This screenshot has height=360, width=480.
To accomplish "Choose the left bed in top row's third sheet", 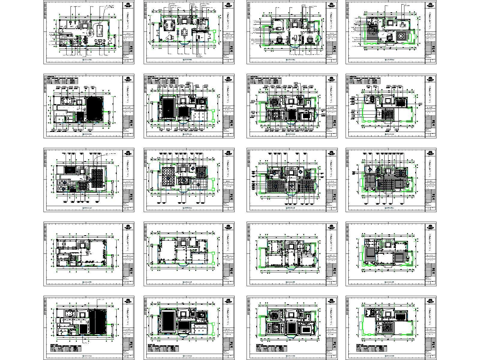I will pyautogui.click(x=280, y=40).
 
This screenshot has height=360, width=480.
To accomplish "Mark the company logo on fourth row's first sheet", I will pyautogui.click(x=129, y=227).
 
